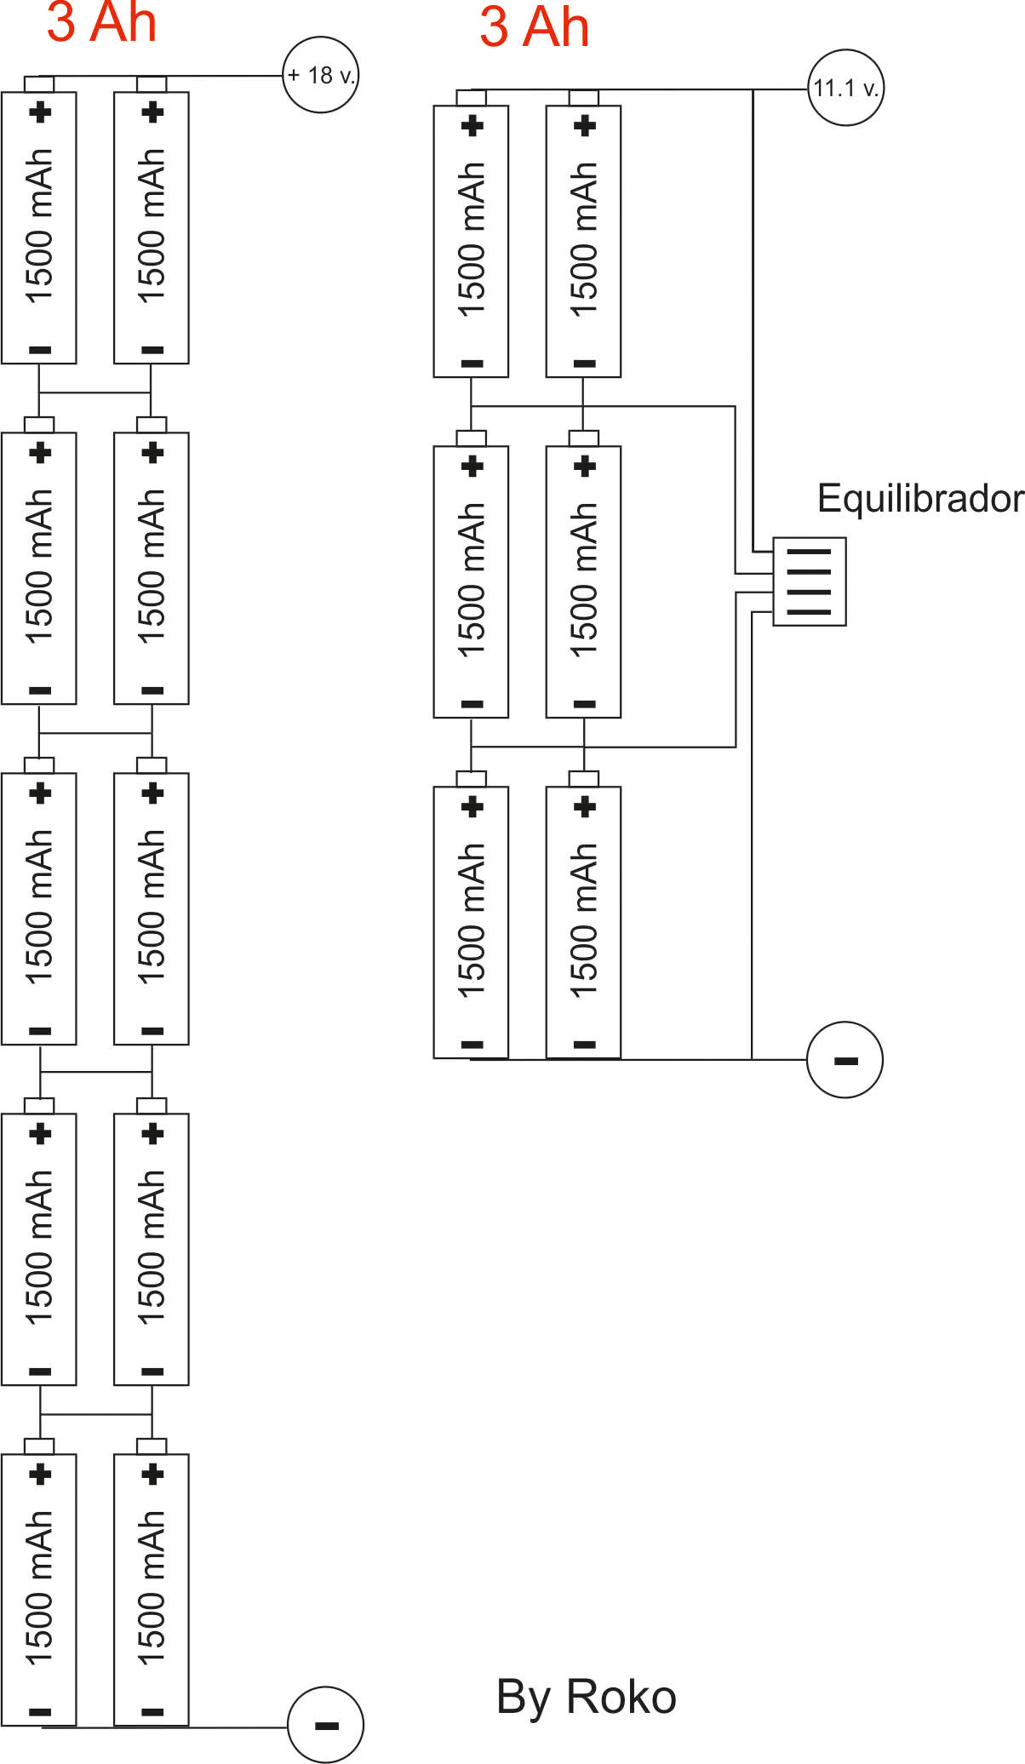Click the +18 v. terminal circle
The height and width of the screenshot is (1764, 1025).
tap(320, 75)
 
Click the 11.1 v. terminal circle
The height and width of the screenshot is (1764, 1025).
tap(845, 88)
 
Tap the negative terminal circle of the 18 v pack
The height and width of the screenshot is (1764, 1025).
tap(325, 1725)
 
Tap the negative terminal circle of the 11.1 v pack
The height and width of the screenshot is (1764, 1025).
tap(845, 1060)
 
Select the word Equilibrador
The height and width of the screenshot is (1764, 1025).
tap(920, 498)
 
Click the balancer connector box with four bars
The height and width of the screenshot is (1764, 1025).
tap(809, 581)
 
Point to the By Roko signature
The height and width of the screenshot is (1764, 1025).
tap(587, 1697)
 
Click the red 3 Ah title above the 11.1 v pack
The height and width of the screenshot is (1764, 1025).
tap(534, 26)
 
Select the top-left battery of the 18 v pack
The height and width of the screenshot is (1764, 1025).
tap(39, 220)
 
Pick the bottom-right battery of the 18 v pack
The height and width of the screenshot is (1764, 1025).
tap(152, 1583)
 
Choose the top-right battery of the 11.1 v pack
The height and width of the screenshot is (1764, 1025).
tap(583, 234)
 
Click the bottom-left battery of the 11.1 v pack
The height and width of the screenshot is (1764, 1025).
tap(471, 915)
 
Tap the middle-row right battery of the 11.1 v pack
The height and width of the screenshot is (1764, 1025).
tap(583, 575)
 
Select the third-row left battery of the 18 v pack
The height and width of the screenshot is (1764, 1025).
tap(39, 902)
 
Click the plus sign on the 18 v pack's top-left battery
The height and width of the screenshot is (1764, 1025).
tap(40, 112)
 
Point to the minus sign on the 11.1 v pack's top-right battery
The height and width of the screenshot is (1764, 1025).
tap(584, 364)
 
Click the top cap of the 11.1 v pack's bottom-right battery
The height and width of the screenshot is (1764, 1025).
tap(584, 779)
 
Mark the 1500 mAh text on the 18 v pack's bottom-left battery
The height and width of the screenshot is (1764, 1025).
tap(39, 1587)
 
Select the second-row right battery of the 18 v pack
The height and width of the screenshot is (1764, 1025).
tap(152, 561)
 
